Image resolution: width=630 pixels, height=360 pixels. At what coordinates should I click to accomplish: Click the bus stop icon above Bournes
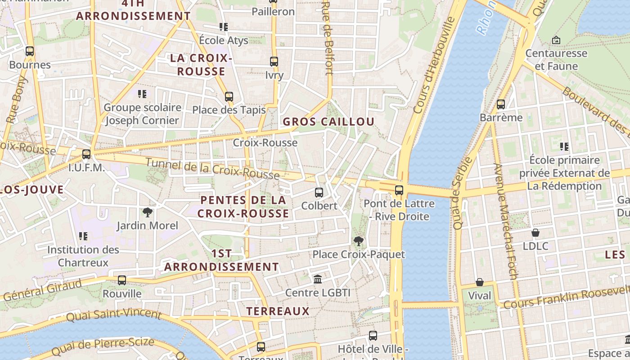(x=30, y=51)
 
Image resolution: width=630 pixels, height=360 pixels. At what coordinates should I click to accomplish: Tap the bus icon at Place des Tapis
(x=229, y=96)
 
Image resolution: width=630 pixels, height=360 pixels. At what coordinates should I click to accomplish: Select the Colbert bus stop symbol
(x=319, y=193)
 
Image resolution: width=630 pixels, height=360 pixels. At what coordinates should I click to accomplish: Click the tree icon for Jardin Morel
(x=147, y=212)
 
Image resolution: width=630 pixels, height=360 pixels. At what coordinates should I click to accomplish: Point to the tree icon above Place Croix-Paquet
(x=359, y=241)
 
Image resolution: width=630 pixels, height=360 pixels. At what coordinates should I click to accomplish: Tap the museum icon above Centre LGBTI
(x=318, y=279)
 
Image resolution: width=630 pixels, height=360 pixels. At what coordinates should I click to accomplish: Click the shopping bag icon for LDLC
(x=535, y=233)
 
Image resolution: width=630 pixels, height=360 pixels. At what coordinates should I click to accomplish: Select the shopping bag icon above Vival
(x=480, y=283)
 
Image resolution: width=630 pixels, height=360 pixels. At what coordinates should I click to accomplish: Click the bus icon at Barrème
(x=501, y=104)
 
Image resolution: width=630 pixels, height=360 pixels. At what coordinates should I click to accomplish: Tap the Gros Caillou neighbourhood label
(x=328, y=122)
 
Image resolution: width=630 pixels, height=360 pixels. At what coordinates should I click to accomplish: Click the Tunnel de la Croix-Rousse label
(x=212, y=169)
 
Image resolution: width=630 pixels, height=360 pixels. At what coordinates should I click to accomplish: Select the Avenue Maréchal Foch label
(x=507, y=220)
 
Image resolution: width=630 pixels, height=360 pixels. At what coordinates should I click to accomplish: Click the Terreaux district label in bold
(x=278, y=311)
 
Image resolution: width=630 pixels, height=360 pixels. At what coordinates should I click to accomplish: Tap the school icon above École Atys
(x=224, y=27)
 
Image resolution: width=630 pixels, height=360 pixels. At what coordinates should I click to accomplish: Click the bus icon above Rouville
(x=122, y=280)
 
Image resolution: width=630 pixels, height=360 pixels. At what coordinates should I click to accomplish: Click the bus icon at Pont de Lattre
(x=399, y=190)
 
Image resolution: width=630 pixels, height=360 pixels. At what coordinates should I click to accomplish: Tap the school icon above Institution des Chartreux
(x=83, y=236)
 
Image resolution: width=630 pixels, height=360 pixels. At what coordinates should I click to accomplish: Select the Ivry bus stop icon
(x=274, y=62)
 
